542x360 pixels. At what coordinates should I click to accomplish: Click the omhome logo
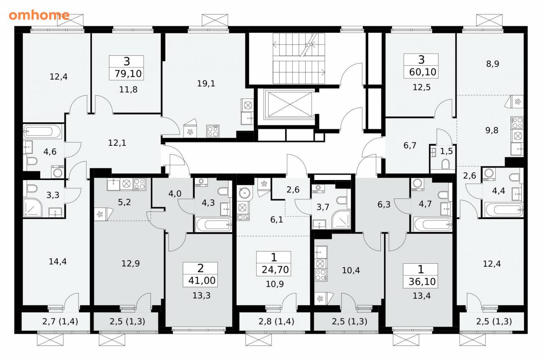[39, 15]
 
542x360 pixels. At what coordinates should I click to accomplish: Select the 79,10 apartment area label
[128, 73]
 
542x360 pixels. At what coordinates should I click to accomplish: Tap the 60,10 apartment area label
[423, 72]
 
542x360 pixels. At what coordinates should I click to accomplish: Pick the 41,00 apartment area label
[202, 280]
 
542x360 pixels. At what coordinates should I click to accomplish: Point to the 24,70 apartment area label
[275, 270]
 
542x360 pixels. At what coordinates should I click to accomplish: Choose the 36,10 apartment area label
[422, 282]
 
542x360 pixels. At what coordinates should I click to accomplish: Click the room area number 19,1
[206, 83]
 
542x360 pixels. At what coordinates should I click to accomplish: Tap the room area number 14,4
[58, 261]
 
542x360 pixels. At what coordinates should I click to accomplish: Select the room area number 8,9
[492, 63]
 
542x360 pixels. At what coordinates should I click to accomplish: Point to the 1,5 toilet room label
[446, 151]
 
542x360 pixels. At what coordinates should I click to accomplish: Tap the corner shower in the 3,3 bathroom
[33, 208]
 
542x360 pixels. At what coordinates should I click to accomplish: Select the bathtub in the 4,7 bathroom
[433, 224]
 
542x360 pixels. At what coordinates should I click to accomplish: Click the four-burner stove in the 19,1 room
[213, 131]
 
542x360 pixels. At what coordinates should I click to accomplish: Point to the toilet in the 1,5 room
[445, 164]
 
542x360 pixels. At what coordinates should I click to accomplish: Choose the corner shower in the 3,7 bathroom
[341, 220]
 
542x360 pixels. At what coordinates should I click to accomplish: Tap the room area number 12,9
[131, 263]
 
